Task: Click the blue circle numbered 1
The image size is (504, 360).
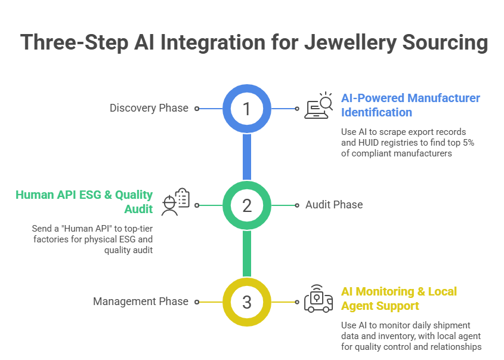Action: click(x=247, y=108)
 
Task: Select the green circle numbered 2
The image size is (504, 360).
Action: click(x=247, y=205)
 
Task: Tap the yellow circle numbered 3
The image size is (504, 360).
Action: click(x=247, y=301)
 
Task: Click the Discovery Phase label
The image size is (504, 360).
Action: click(x=149, y=108)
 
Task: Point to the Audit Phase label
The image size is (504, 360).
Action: click(x=334, y=205)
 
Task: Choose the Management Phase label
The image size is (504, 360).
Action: click(x=141, y=301)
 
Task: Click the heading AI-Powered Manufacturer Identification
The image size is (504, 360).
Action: click(x=410, y=105)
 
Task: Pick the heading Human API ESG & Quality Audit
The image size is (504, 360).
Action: click(x=84, y=202)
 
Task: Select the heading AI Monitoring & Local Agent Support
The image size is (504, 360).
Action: click(x=399, y=299)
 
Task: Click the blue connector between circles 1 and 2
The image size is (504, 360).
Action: click(x=247, y=156)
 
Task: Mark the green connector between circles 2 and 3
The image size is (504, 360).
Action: click(x=247, y=253)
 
